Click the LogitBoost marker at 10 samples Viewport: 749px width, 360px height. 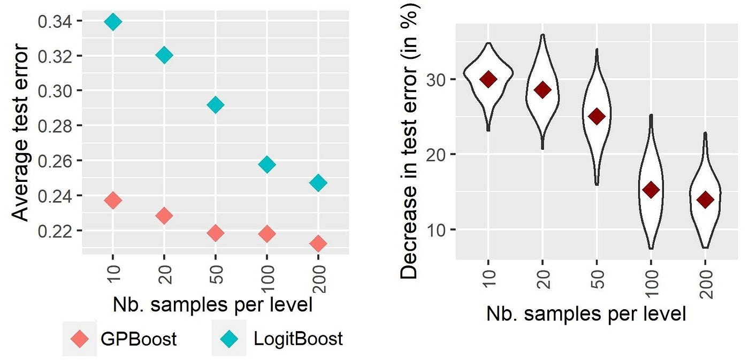[113, 22]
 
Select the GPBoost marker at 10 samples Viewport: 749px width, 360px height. [113, 201]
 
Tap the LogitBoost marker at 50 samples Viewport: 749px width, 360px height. [216, 105]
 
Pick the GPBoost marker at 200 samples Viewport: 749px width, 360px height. [318, 243]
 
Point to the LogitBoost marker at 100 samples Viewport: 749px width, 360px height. [267, 165]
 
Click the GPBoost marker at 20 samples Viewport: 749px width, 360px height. [164, 216]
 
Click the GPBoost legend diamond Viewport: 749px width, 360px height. [80, 339]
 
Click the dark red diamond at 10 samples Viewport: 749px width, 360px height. [488, 79]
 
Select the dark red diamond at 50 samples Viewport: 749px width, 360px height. [597, 116]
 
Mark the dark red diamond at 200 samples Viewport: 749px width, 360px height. [705, 200]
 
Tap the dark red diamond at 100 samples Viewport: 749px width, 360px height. [651, 189]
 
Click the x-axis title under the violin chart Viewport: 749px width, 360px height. [586, 315]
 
